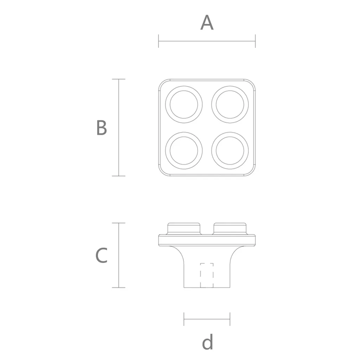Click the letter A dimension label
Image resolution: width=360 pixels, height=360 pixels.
(207, 22)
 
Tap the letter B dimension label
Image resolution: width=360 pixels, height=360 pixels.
(102, 127)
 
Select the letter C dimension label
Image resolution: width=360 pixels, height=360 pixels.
(101, 255)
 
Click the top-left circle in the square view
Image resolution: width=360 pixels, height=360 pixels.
(166, 104)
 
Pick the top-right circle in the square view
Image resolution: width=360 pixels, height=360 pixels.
(212, 104)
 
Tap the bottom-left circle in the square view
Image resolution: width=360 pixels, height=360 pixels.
(166, 150)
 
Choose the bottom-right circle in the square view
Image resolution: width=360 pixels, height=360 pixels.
(212, 150)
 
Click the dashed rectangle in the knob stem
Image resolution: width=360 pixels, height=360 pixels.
(200, 275)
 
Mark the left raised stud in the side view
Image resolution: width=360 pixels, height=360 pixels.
(184, 229)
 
